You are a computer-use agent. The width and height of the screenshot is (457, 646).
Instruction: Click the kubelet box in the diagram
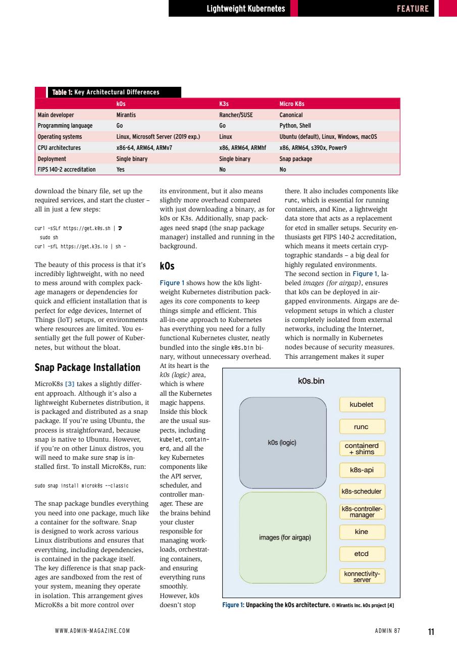(x=362, y=405)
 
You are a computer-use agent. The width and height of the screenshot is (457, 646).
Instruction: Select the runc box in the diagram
(x=362, y=427)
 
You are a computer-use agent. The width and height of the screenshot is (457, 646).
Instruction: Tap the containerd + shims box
(x=362, y=449)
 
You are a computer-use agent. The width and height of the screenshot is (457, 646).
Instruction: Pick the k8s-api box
(x=362, y=470)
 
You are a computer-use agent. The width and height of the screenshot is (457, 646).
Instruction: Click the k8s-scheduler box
(x=362, y=491)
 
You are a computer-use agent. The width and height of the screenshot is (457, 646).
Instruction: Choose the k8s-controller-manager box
(x=362, y=512)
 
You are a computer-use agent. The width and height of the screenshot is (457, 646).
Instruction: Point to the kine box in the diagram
(x=362, y=532)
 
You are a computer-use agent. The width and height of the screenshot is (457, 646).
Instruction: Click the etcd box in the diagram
(x=362, y=554)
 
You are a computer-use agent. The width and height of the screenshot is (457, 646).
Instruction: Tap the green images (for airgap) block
(x=283, y=537)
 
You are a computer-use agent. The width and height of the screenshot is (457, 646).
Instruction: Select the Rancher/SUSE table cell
(x=236, y=115)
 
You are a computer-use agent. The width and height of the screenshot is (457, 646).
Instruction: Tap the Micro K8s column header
(x=292, y=104)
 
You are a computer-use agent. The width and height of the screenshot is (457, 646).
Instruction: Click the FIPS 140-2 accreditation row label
(x=67, y=170)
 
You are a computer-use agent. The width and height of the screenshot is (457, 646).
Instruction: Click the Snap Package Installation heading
(x=87, y=367)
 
